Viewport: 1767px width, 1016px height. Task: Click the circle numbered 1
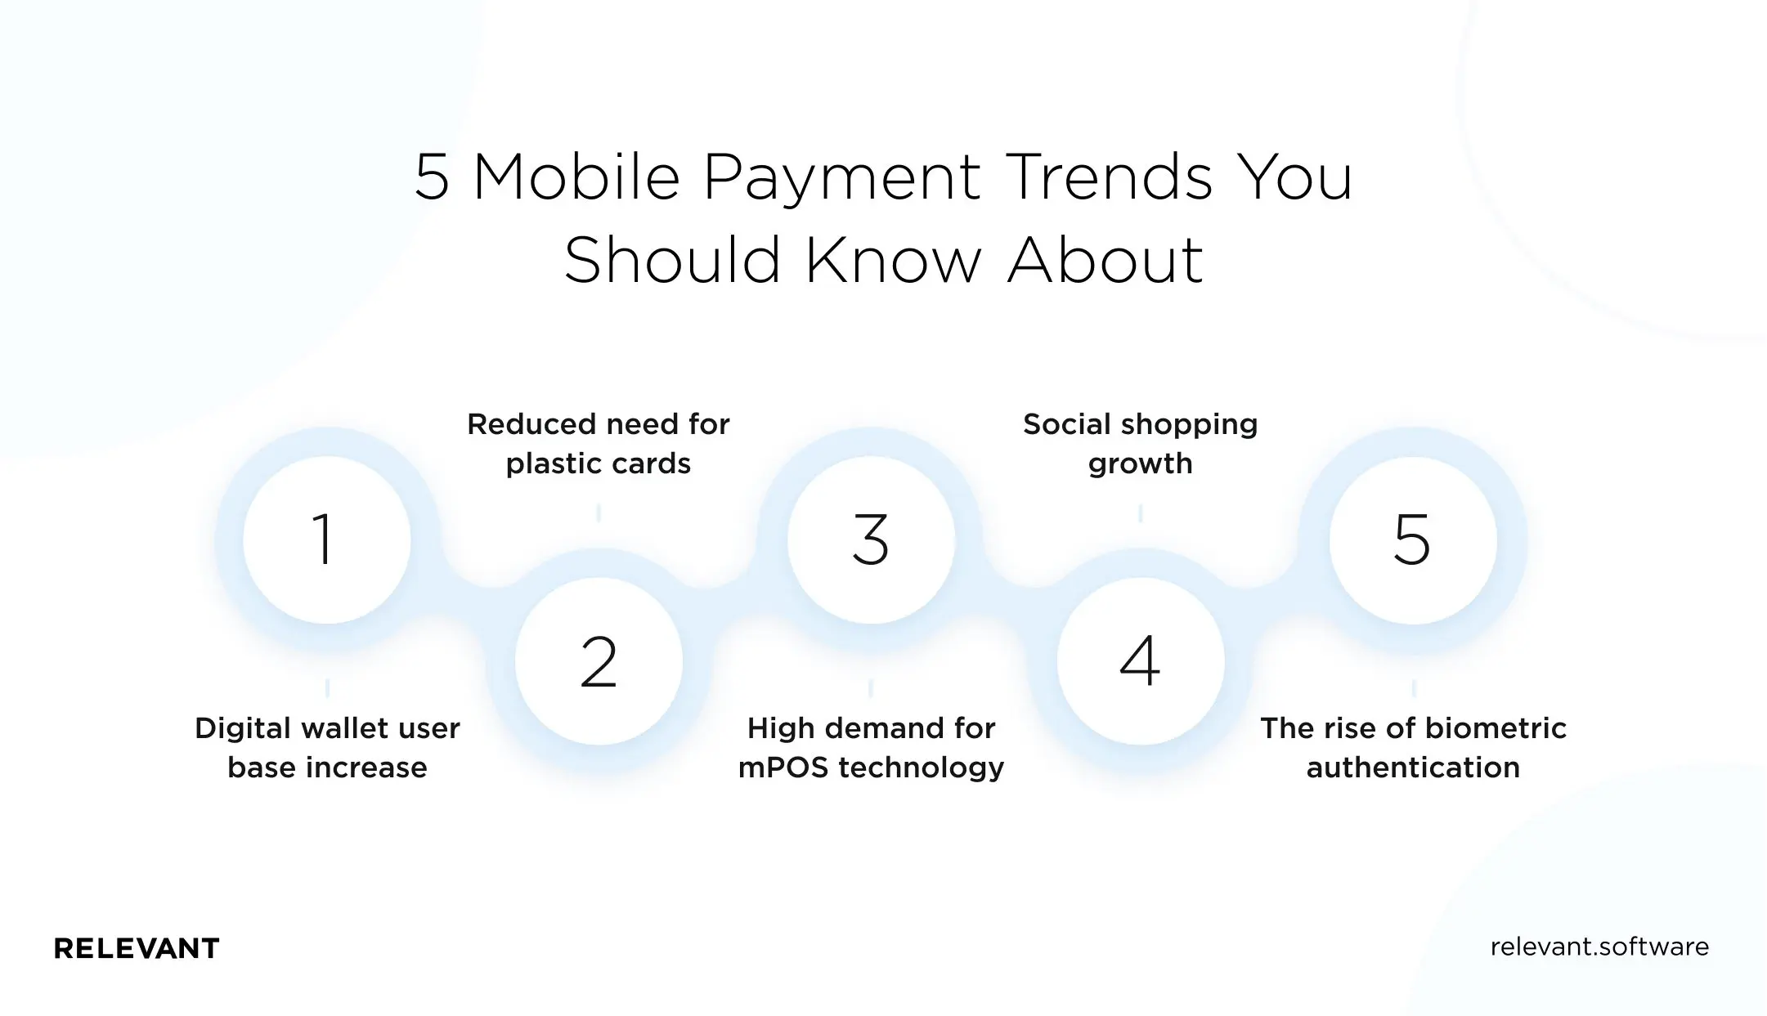tap(326, 539)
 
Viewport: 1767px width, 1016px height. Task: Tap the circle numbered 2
tap(599, 661)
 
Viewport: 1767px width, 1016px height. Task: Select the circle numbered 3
tap(871, 539)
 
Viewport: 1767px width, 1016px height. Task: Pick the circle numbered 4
tap(1140, 661)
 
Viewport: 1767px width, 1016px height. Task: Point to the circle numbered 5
tap(1412, 539)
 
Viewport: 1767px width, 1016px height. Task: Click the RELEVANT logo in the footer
tap(137, 948)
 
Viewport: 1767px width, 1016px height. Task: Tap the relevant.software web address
tap(1599, 947)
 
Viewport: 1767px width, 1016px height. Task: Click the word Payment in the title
tap(841, 177)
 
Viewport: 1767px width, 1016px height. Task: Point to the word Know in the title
tap(893, 261)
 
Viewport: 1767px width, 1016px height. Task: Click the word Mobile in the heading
tap(576, 177)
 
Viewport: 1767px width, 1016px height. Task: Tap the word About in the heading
tap(1105, 261)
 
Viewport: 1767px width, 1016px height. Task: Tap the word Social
tap(1067, 424)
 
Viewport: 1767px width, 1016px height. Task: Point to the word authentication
tap(1413, 768)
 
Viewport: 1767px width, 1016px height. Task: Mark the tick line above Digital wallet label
tap(327, 687)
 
